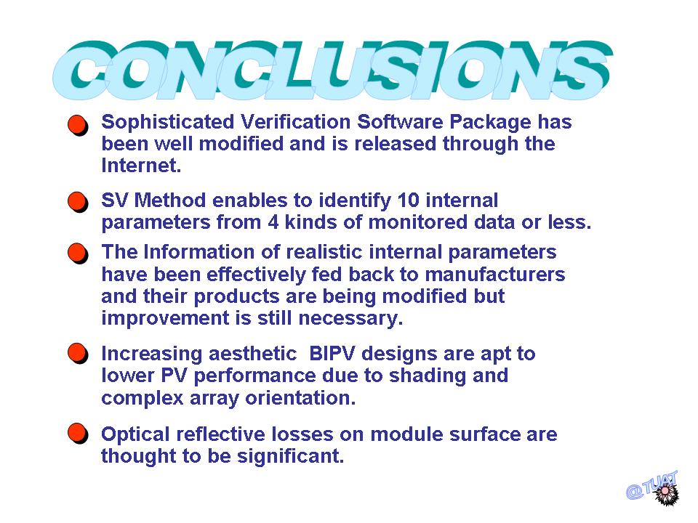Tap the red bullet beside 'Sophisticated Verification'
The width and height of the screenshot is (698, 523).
click(x=78, y=126)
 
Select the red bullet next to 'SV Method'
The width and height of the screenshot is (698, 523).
click(x=78, y=202)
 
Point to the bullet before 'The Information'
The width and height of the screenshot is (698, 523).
click(x=78, y=254)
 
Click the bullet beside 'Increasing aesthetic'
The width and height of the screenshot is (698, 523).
click(x=78, y=354)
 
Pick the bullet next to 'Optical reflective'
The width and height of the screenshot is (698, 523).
click(x=78, y=434)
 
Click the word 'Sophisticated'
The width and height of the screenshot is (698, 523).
click(x=168, y=123)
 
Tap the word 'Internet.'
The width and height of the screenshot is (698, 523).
click(x=141, y=166)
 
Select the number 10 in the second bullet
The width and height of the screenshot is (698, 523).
click(x=408, y=200)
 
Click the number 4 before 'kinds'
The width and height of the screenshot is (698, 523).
click(x=273, y=222)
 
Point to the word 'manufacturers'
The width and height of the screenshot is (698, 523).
click(x=495, y=275)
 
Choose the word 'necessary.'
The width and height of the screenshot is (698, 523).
click(x=350, y=319)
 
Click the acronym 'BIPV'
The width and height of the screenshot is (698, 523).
click(x=332, y=354)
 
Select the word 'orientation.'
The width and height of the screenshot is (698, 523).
click(x=300, y=397)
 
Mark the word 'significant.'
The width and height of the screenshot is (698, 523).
click(x=291, y=457)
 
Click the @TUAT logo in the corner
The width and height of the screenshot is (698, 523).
click(x=653, y=488)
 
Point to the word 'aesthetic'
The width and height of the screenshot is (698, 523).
click(x=252, y=354)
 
